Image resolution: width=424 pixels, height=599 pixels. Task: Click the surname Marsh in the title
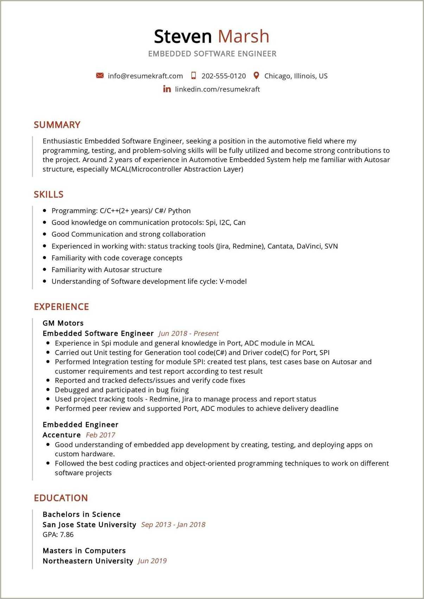(243, 37)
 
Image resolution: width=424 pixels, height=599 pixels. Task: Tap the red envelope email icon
(100, 76)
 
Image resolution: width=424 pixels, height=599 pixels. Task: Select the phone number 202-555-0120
(223, 76)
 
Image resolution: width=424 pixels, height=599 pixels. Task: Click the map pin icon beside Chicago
(256, 76)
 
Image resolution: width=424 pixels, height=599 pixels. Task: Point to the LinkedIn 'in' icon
(167, 89)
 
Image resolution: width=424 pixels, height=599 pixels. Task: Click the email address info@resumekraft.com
(145, 76)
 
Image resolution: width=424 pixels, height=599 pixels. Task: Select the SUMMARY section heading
(57, 125)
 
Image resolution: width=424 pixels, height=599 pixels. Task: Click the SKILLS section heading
(49, 194)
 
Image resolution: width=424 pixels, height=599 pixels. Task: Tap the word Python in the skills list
(179, 211)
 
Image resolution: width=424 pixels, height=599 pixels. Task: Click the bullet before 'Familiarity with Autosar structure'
(44, 270)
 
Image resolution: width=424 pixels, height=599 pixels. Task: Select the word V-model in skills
(233, 281)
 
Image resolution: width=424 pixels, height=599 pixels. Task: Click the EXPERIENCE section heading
(61, 307)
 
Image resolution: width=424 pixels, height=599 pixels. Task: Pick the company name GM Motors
(63, 323)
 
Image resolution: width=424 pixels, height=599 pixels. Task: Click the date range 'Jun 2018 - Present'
(188, 333)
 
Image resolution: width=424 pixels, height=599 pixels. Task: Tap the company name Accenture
(62, 435)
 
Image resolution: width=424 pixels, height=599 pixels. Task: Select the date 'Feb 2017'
(101, 435)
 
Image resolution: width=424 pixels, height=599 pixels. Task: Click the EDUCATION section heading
(61, 498)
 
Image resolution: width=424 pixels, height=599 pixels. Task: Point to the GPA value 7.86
(67, 534)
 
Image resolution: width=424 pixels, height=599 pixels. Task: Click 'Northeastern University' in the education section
(88, 561)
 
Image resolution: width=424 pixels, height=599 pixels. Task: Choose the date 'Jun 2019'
(152, 561)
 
